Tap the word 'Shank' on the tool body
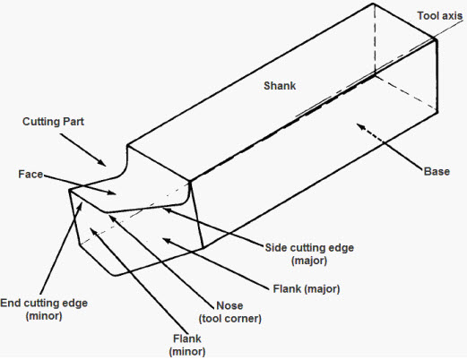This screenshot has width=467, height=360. [x=279, y=86]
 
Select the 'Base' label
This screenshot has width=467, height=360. [x=435, y=171]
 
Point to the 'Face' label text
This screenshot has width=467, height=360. [x=30, y=176]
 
